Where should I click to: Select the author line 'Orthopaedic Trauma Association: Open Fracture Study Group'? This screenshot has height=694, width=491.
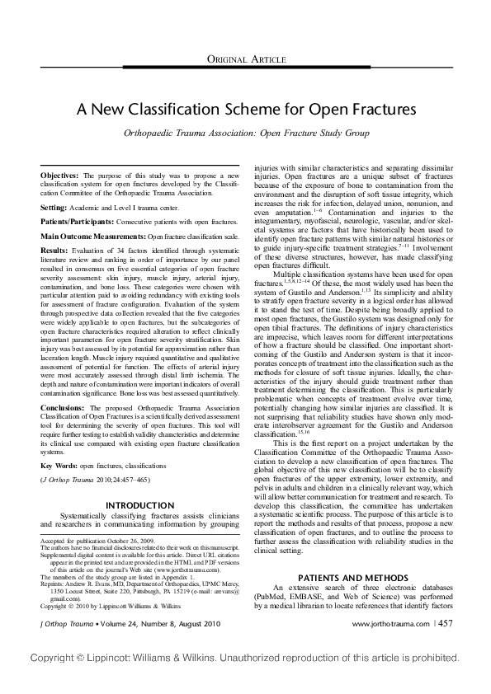[x=245, y=132]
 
